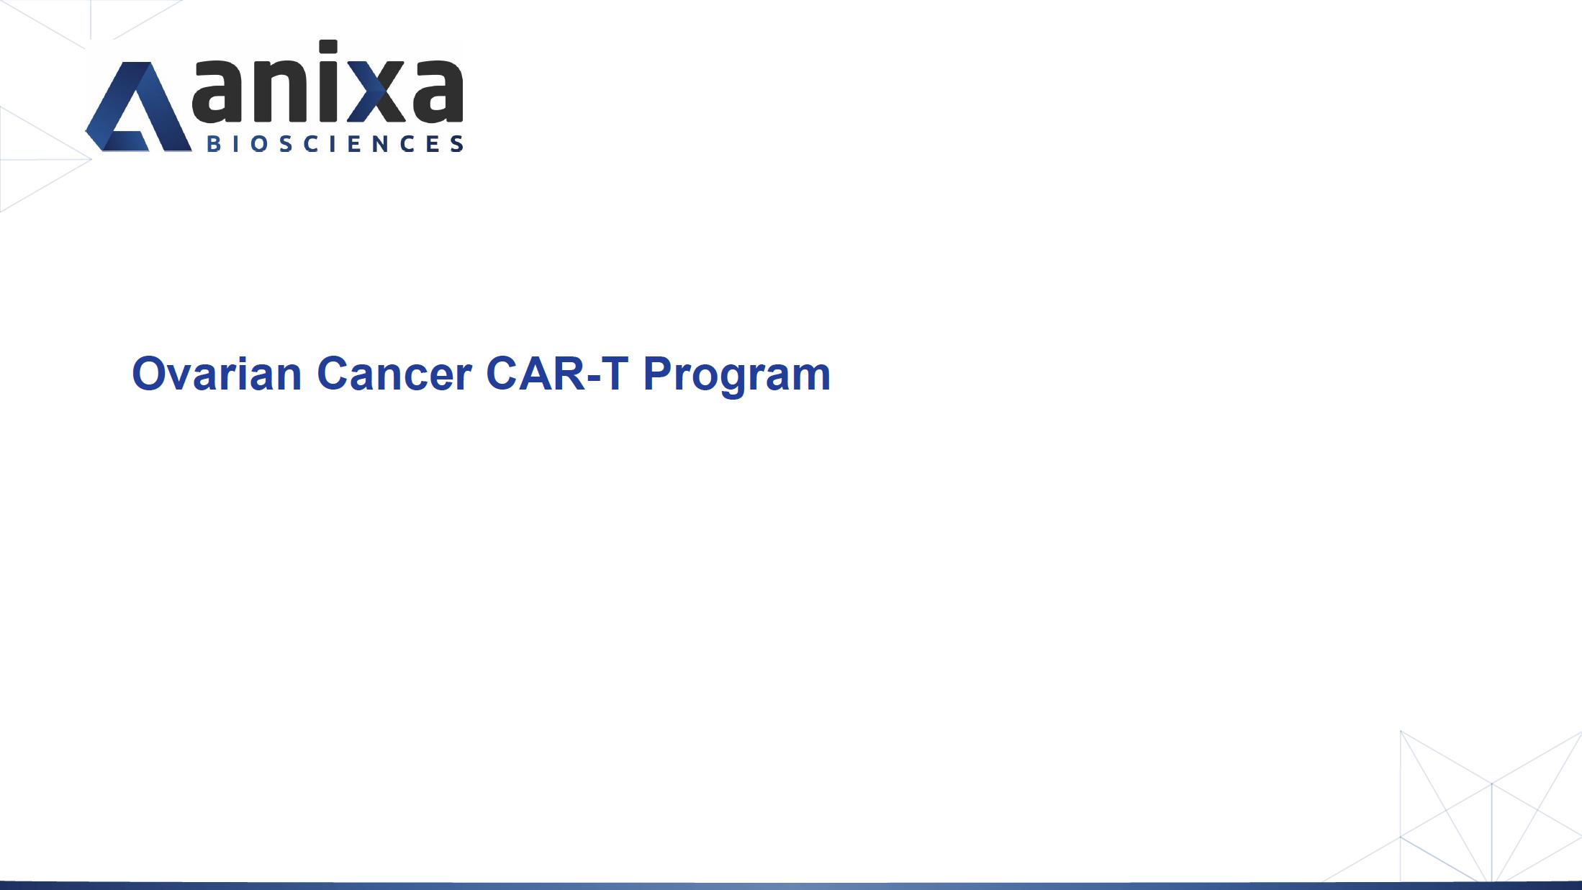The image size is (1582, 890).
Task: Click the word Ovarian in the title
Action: (217, 374)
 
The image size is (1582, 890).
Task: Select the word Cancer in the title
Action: (394, 374)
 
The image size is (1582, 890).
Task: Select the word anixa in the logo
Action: (327, 81)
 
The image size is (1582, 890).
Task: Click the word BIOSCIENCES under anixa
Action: (335, 143)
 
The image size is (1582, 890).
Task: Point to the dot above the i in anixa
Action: (328, 48)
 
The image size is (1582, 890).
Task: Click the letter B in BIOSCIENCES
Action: (214, 143)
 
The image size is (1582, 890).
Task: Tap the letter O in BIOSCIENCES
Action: (262, 143)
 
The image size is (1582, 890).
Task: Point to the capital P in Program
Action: (659, 373)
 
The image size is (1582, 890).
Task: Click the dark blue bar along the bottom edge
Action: (791, 886)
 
